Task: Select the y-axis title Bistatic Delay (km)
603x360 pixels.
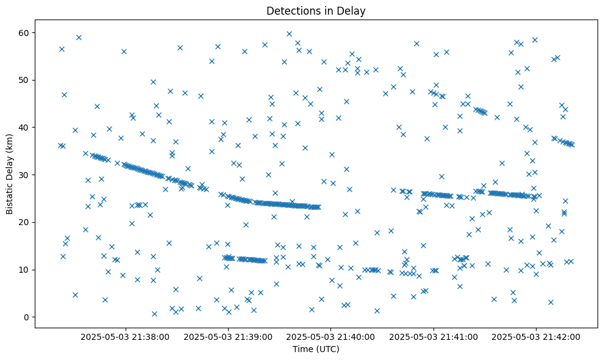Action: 10,174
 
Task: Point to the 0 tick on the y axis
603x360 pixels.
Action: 27,317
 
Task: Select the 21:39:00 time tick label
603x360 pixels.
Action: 229,336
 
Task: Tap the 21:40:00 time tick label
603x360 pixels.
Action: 331,336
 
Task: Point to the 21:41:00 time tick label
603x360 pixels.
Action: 434,336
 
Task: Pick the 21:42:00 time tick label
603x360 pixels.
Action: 536,336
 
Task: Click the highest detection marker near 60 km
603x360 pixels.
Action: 289,34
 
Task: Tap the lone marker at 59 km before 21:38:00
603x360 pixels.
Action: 79,37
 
